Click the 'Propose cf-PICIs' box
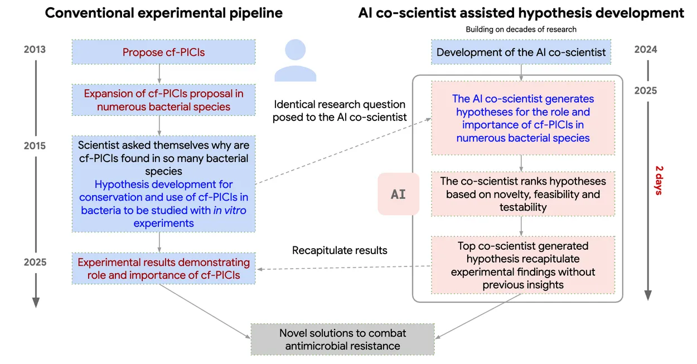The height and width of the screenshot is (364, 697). (x=163, y=52)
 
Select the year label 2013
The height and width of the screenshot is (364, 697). (x=35, y=50)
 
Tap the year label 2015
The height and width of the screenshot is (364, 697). (x=35, y=146)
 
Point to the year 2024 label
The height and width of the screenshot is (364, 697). (x=646, y=50)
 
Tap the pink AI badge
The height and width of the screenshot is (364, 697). (x=398, y=194)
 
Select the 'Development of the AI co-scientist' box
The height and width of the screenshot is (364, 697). (x=521, y=52)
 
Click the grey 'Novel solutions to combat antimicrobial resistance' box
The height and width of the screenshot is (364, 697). (x=342, y=339)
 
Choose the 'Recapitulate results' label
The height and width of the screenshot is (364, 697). (x=340, y=250)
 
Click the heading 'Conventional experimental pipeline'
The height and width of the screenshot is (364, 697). (x=163, y=13)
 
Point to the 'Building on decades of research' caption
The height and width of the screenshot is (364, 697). (x=521, y=29)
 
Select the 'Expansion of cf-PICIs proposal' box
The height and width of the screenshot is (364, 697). (x=163, y=100)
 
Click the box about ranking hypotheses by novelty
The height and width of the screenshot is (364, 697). (x=522, y=194)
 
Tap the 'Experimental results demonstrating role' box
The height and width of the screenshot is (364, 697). (x=163, y=268)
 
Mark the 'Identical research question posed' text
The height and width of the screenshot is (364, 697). (x=339, y=111)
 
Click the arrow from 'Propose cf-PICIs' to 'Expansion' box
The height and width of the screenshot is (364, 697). (x=160, y=74)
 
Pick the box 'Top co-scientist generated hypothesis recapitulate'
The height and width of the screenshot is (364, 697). (x=522, y=265)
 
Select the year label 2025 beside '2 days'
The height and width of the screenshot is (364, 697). (x=646, y=90)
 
